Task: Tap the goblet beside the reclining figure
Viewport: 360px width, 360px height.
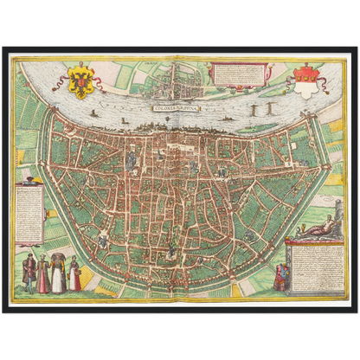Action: pyautogui.click(x=297, y=228)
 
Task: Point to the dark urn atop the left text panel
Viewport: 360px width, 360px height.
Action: pyautogui.click(x=29, y=177)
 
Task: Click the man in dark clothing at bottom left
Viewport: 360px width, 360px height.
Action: pyautogui.click(x=29, y=273)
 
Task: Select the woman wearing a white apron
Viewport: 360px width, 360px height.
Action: pyautogui.click(x=43, y=274)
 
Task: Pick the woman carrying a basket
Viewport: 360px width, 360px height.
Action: pyautogui.click(x=59, y=273)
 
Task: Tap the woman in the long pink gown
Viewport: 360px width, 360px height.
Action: pyautogui.click(x=75, y=274)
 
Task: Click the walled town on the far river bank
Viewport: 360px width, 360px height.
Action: pyautogui.click(x=178, y=79)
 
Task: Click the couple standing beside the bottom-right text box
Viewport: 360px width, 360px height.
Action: pyautogui.click(x=280, y=277)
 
